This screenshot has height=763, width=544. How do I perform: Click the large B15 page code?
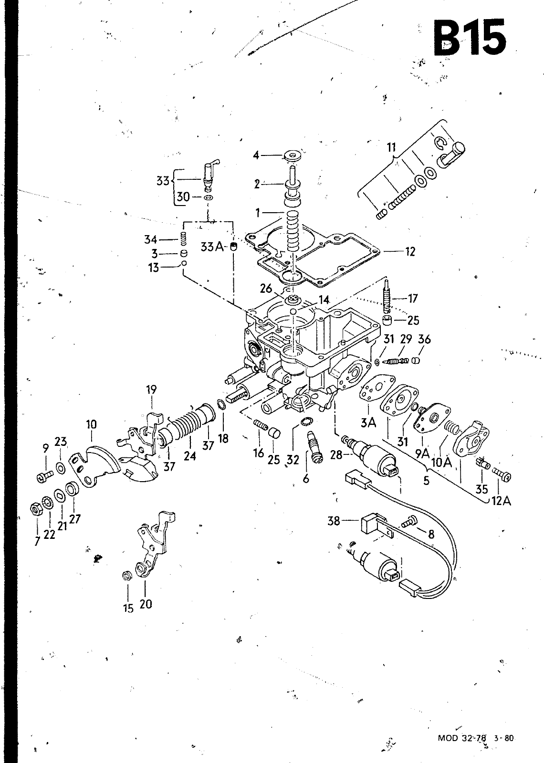coord(470,38)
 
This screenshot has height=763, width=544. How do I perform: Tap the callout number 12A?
coord(501,501)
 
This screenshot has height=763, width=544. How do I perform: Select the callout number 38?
coord(334,521)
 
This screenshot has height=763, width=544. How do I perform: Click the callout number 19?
coord(151,389)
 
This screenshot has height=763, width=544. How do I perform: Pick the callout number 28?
coord(336,454)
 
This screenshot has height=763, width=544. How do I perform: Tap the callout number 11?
coord(391,147)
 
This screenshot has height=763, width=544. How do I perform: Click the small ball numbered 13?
coord(184,263)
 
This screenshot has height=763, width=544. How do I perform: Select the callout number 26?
coord(266,289)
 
